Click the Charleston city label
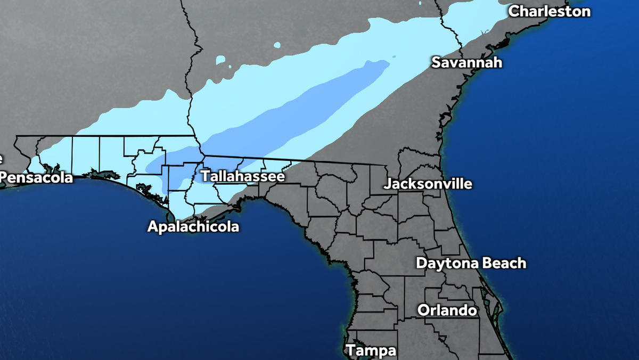[550, 11]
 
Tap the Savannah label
[466, 62]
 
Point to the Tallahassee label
[242, 176]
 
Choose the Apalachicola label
[193, 227]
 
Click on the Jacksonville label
[428, 184]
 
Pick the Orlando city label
[447, 310]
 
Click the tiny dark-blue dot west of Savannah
[395, 56]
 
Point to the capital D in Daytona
[421, 263]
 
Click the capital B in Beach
[489, 263]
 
